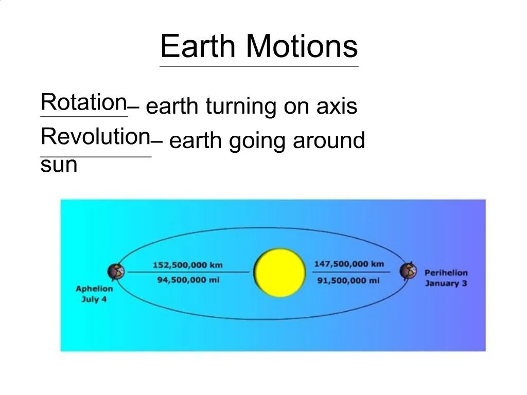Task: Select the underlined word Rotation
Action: point(84,102)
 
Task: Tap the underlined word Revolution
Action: point(95,137)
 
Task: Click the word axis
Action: point(337,106)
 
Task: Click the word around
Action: point(329,140)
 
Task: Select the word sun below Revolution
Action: point(59,166)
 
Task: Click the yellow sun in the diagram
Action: point(280,273)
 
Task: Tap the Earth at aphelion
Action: point(116,271)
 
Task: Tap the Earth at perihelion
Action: point(408,270)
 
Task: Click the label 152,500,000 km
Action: point(187,265)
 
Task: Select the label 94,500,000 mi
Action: point(188,280)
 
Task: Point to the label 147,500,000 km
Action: point(349,264)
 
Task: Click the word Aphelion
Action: point(94,289)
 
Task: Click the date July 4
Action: point(94,299)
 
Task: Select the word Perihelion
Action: point(446,273)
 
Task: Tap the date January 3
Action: point(446,283)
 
